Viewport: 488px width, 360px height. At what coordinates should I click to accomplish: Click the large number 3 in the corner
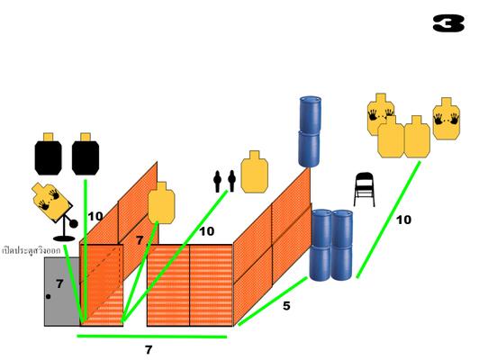[x=448, y=23]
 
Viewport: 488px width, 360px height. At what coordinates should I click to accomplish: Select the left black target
[x=48, y=154]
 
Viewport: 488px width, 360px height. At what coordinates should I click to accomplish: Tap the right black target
[x=86, y=154]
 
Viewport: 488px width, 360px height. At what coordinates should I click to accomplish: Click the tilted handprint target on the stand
[x=50, y=201]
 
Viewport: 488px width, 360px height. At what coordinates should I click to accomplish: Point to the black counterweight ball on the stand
[x=74, y=223]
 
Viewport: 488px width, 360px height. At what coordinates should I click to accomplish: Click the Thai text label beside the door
[x=32, y=250]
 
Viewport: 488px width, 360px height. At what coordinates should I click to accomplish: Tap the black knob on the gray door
[x=49, y=296]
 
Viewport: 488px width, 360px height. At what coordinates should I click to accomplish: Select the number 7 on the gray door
[x=59, y=283]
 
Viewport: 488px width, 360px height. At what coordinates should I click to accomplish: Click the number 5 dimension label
[x=286, y=306]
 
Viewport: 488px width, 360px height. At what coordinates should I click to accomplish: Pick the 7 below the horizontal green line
[x=149, y=350]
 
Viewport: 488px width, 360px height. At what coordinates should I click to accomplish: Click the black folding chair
[x=364, y=190]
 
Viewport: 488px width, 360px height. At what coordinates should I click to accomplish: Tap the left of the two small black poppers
[x=217, y=181]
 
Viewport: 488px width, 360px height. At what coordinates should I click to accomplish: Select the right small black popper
[x=231, y=181]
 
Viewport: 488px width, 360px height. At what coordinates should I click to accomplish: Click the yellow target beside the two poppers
[x=255, y=172]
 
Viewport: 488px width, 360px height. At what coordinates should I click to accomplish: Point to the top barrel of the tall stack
[x=310, y=114]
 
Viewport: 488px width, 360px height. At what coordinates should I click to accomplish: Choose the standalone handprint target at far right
[x=447, y=119]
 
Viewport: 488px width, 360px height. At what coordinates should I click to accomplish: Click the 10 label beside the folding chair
[x=403, y=220]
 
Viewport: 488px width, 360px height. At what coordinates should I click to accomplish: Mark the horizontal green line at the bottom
[x=152, y=337]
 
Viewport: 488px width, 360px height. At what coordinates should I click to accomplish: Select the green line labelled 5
[x=273, y=301]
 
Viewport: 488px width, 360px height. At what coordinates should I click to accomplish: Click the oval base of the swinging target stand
[x=64, y=238]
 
